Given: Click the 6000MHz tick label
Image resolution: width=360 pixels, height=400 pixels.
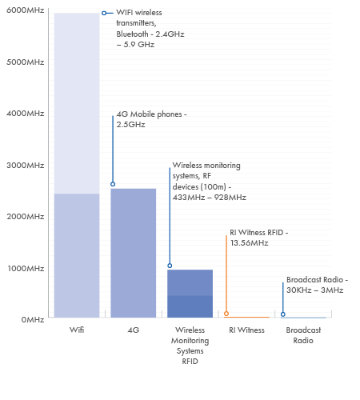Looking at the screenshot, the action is (x=26, y=10).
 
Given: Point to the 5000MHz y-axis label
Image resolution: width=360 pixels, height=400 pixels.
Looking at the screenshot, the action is (x=26, y=62).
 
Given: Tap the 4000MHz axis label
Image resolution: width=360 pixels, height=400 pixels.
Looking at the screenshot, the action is (x=26, y=114).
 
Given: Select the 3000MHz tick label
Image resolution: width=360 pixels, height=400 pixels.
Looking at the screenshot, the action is (x=26, y=165).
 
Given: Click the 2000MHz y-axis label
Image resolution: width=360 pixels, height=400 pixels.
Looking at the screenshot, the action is (x=26, y=216).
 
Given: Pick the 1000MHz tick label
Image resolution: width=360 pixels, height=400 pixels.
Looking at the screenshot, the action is (x=26, y=268).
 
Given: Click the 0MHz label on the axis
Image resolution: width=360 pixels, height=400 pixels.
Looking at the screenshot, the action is (x=33, y=319).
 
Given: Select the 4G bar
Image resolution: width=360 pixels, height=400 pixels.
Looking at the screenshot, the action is (x=134, y=253).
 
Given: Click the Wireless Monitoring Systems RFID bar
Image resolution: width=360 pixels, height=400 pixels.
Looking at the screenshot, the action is (x=190, y=294).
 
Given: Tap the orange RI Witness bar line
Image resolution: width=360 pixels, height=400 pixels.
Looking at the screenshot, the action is (x=246, y=317).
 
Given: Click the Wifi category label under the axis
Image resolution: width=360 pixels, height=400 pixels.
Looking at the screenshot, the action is (x=77, y=330).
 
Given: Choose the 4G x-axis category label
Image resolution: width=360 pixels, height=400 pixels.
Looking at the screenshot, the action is (x=134, y=330).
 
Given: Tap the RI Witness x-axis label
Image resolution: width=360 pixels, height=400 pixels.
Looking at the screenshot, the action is (x=246, y=330).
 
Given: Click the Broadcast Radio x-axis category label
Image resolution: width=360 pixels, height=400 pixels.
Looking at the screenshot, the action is (x=303, y=335).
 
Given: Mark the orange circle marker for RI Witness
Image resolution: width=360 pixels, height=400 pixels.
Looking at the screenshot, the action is (x=226, y=314).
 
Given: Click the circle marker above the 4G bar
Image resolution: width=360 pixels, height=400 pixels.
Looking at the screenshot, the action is (x=113, y=184).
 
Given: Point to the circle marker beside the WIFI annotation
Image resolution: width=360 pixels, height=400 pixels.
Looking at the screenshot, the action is (x=104, y=13).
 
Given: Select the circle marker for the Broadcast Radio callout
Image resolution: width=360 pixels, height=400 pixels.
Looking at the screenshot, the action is (x=283, y=314).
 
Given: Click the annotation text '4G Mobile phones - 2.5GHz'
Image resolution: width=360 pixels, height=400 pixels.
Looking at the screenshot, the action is (x=151, y=119).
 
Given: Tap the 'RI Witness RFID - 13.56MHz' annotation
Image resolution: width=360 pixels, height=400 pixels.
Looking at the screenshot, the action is (x=259, y=238).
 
